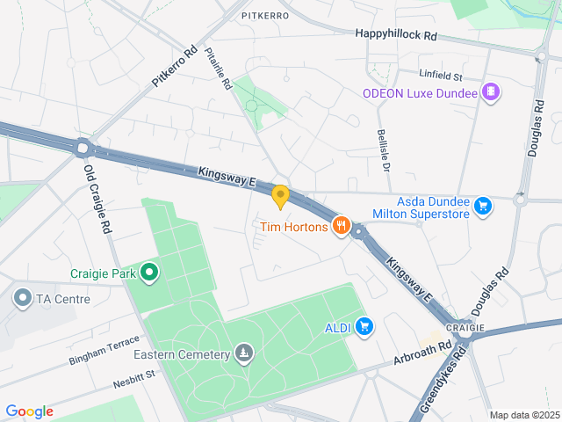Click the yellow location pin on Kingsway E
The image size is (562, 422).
click(280, 196)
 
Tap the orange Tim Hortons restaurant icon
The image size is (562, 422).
click(342, 228)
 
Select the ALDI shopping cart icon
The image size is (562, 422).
click(365, 328)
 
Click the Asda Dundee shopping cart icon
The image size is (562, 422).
click(482, 207)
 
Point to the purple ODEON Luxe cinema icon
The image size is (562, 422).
click(490, 92)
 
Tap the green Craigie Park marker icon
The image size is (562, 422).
click(149, 273)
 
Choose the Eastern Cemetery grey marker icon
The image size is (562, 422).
click(243, 354)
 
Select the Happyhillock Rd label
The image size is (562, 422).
click(396, 33)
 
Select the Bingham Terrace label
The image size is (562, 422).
click(104, 349)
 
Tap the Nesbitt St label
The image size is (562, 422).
click(133, 378)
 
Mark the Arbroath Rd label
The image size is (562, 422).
click(422, 354)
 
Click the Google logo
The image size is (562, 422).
click(29, 411)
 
